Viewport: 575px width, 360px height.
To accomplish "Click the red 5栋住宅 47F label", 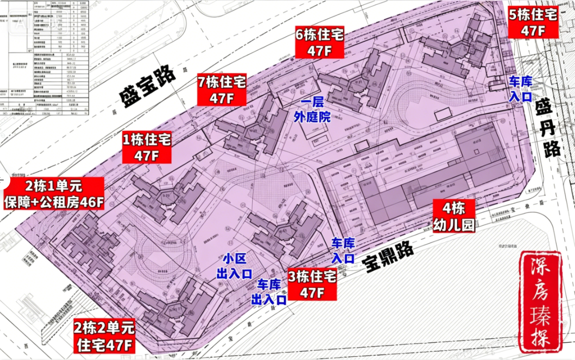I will [x=533, y=22].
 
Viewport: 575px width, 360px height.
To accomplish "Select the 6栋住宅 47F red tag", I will [x=319, y=42].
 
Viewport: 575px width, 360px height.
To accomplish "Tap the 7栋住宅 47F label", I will [x=222, y=89].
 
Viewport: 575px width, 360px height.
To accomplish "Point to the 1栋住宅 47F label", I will [x=147, y=147].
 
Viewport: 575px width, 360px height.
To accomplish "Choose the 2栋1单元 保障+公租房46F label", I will [x=54, y=194].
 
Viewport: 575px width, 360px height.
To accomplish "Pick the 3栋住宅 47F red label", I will [x=312, y=285].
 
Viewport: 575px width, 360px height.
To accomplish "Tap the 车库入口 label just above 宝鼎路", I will [x=343, y=250].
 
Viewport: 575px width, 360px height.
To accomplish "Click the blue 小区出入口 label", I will [x=234, y=266].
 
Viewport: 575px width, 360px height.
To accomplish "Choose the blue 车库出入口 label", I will [x=269, y=291].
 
